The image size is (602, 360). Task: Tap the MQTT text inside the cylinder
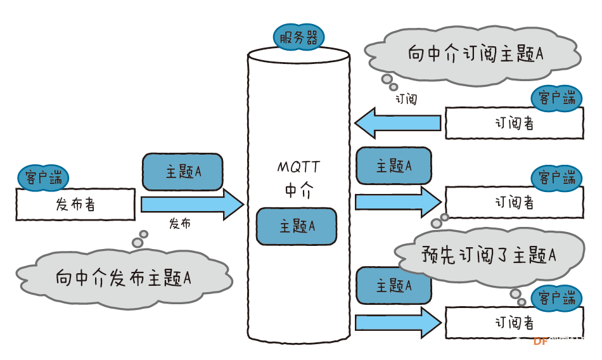298,167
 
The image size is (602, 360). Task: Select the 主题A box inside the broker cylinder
297,226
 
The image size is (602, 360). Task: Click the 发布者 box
75,205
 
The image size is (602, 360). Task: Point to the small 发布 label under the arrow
179,224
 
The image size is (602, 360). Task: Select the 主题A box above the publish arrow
183,172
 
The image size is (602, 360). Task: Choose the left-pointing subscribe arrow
397,122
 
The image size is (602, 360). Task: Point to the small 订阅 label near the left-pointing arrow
406,100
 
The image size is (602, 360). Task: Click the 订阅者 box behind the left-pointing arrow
514,123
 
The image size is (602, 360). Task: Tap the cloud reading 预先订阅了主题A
488,255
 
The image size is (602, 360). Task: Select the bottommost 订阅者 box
514,323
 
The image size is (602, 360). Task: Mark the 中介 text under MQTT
298,191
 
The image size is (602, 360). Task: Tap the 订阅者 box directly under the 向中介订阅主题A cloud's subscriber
514,202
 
